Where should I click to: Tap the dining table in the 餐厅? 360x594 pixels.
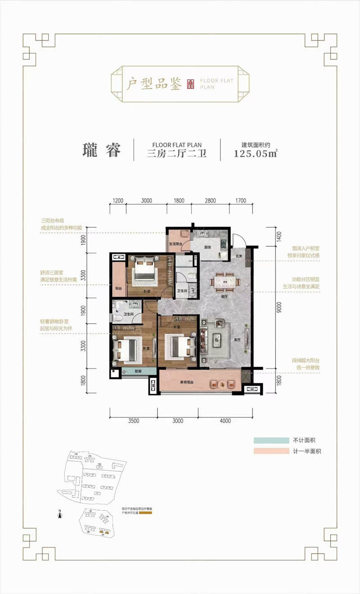224,282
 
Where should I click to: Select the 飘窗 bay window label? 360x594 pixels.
139,372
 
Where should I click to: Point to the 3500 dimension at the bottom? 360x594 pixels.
133,421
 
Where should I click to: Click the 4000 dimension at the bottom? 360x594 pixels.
225,421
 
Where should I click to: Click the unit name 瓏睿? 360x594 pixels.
102,150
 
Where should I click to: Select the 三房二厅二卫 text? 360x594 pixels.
177,154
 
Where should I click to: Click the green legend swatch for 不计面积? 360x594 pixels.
271,440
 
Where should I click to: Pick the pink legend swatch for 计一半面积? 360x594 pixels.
271,451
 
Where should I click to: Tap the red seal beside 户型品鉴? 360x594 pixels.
190,83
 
